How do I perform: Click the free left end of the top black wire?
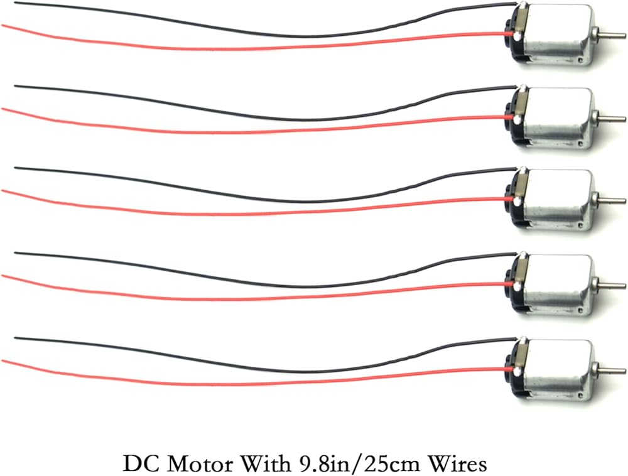15,4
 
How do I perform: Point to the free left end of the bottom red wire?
3,360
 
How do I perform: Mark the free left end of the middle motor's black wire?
15,168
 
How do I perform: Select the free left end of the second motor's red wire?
3,109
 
